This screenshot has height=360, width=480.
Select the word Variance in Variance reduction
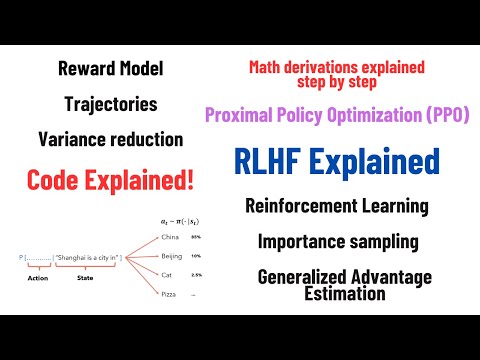coord(72,139)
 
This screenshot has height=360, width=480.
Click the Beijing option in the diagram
coord(171,256)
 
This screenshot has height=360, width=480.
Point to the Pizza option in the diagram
coord(168,294)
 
